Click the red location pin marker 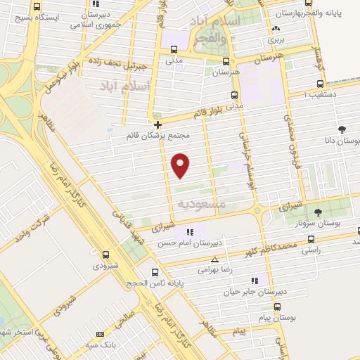(x=181, y=165)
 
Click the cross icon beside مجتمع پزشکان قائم (x=157, y=124)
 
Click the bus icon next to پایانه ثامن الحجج (x=155, y=272)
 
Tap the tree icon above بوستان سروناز (x=318, y=212)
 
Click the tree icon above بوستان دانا (x=342, y=129)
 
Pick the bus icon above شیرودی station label (x=105, y=255)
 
